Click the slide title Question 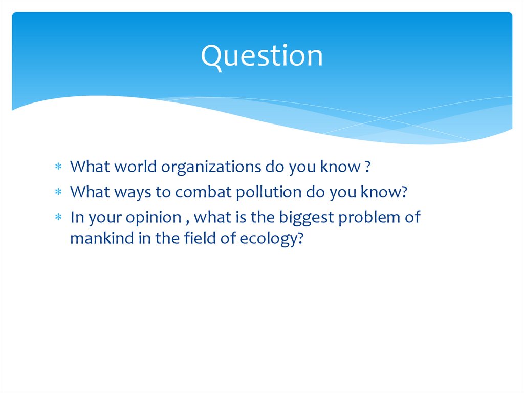click(x=261, y=56)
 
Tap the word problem click(x=373, y=217)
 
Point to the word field click(x=199, y=239)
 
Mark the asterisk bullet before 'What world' click(x=59, y=168)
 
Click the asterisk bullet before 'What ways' click(x=59, y=193)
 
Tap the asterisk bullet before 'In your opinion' click(x=59, y=218)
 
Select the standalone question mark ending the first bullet click(x=367, y=167)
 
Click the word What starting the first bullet click(x=90, y=167)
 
